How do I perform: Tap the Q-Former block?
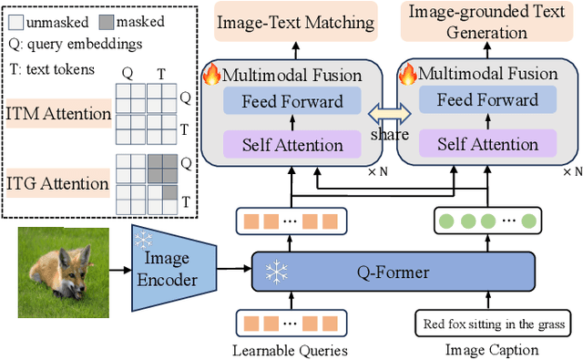coord(393,272)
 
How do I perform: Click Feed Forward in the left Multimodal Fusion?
coord(292,101)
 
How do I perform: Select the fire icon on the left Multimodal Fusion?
coord(212,72)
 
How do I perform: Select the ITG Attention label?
coord(58,183)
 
